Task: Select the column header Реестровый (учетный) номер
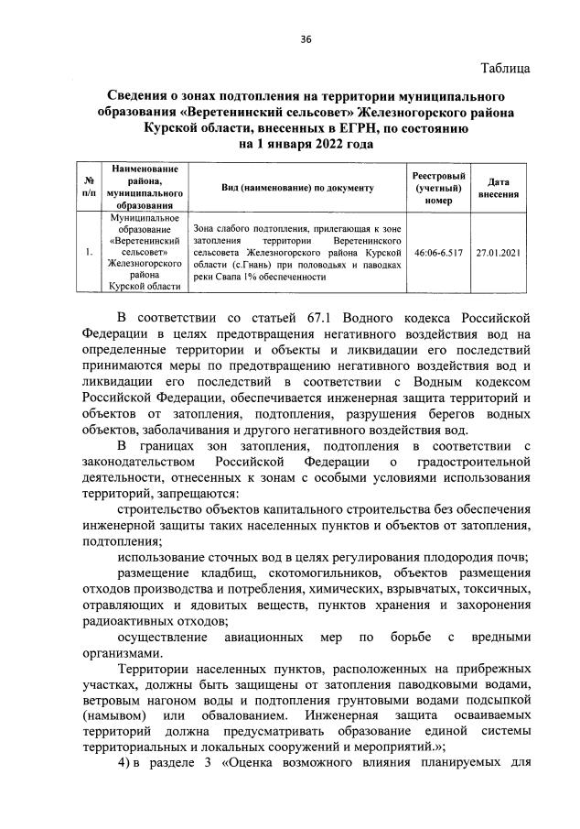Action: pyautogui.click(x=438, y=187)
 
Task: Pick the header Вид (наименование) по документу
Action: pyautogui.click(x=297, y=187)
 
